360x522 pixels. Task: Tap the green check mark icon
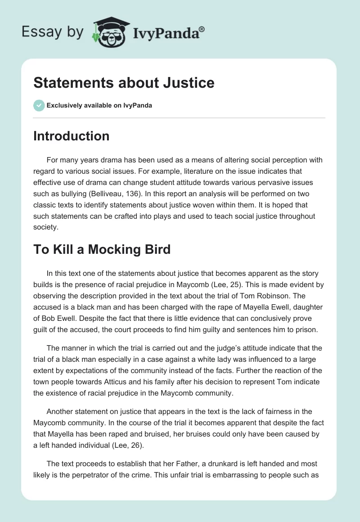click(39, 105)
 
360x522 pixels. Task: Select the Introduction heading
click(71, 136)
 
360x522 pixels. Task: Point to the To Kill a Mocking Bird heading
click(102, 249)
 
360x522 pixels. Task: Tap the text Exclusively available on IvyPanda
click(99, 106)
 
